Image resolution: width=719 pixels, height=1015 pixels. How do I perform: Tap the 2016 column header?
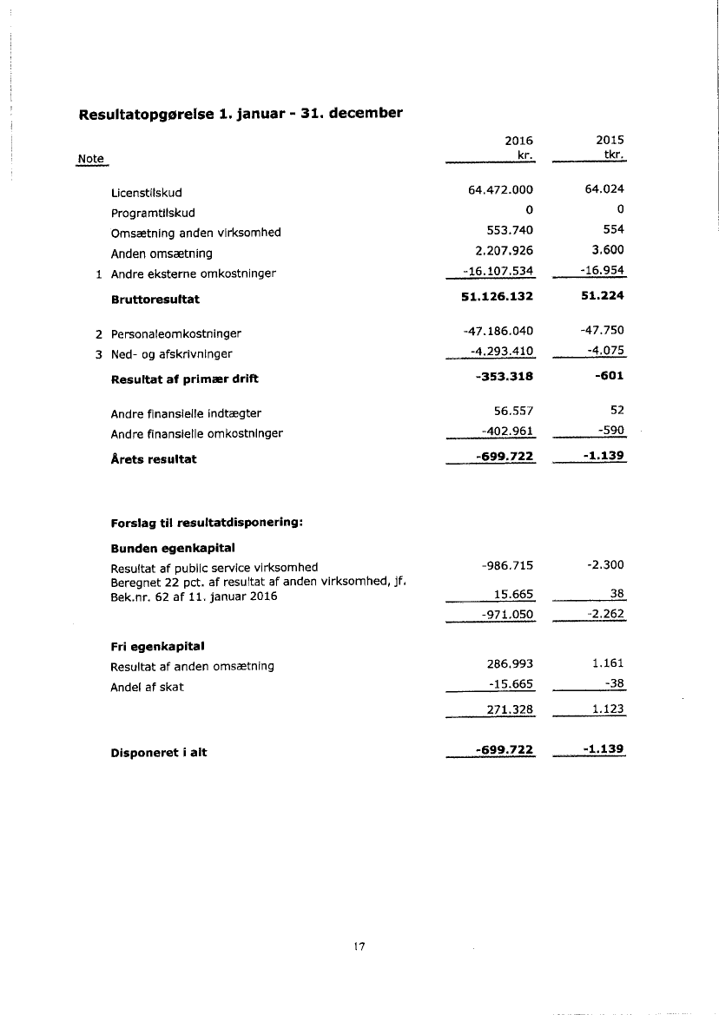pyautogui.click(x=518, y=141)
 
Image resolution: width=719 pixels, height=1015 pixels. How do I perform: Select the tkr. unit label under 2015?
pyautogui.click(x=614, y=155)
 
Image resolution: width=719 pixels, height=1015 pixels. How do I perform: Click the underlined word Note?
pyautogui.click(x=90, y=159)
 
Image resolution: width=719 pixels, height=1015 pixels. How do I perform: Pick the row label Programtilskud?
pyautogui.click(x=153, y=213)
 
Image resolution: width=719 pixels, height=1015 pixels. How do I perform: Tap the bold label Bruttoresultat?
pyautogui.click(x=155, y=299)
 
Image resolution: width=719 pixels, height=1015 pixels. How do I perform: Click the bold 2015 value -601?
pyautogui.click(x=611, y=376)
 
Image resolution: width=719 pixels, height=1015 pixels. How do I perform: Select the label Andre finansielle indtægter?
pyautogui.click(x=186, y=413)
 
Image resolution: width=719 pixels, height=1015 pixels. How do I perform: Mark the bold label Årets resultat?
pyautogui.click(x=154, y=459)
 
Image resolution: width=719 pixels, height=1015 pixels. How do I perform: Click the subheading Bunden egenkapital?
pyautogui.click(x=174, y=548)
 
